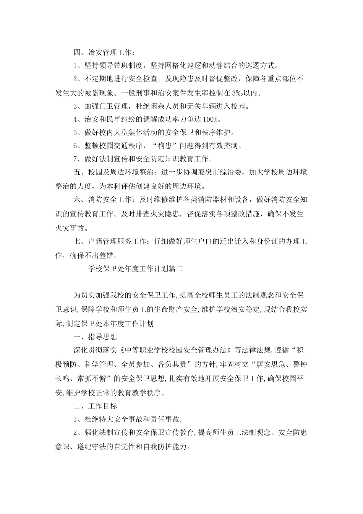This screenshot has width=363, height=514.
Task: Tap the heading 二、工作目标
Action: pyautogui.click(x=95, y=406)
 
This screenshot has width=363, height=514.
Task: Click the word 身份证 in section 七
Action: pyautogui.click(x=258, y=242)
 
